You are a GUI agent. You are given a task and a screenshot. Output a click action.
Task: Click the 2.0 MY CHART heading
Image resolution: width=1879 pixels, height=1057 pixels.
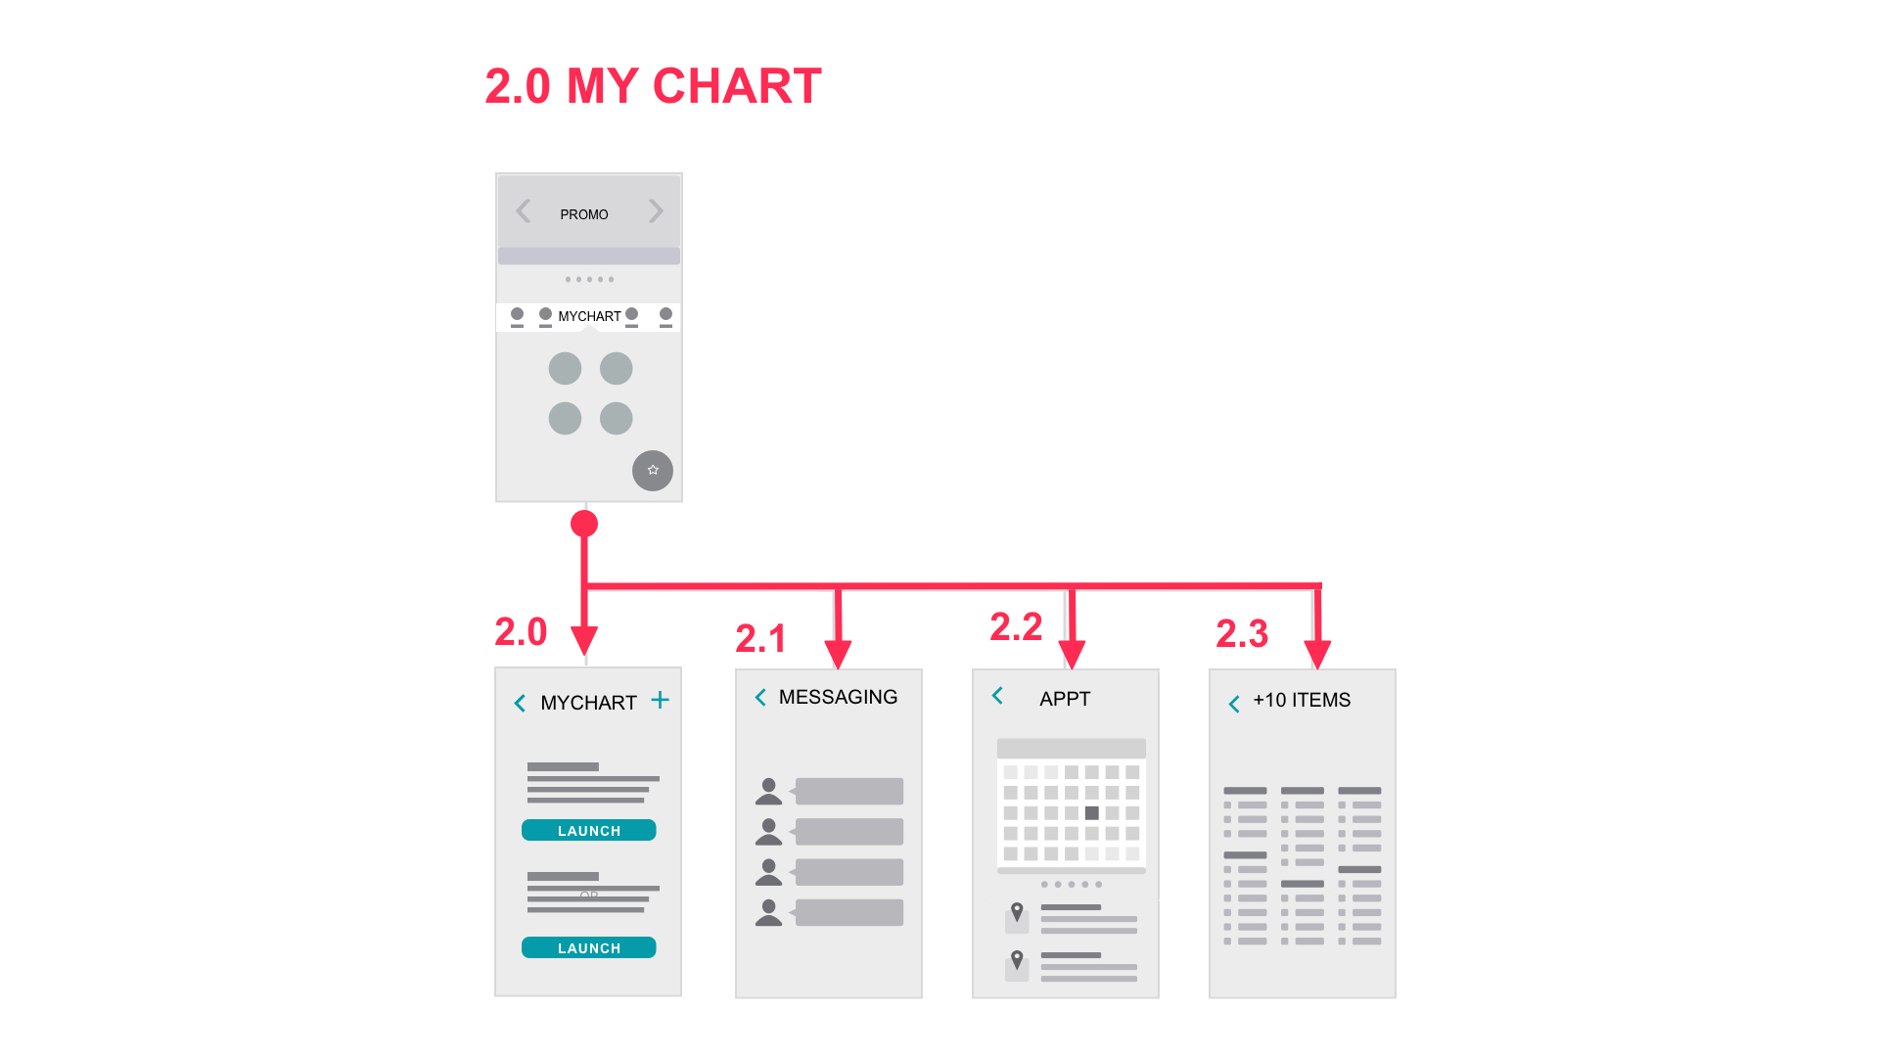point(653,86)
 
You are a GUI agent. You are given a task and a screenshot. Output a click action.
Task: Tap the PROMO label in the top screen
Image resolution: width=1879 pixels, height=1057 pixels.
point(584,214)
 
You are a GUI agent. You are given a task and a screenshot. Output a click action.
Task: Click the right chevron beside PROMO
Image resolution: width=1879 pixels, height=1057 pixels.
point(656,210)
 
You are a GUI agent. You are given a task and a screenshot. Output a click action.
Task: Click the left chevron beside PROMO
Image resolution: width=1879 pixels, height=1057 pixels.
point(524,210)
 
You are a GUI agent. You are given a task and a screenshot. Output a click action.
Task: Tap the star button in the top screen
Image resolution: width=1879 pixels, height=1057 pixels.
point(653,471)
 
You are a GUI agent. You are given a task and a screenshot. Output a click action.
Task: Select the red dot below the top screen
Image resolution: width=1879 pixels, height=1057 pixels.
point(584,524)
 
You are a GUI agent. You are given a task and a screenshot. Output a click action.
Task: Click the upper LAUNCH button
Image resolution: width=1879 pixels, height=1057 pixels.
point(589,830)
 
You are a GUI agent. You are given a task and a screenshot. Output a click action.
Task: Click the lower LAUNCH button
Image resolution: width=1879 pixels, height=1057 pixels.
point(589,947)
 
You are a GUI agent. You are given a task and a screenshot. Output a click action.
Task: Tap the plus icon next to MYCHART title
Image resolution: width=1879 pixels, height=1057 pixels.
point(661,700)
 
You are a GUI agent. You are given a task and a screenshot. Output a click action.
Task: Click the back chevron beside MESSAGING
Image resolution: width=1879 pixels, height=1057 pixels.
point(760,697)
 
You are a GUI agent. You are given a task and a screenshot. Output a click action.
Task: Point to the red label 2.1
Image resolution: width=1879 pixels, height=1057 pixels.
point(760,638)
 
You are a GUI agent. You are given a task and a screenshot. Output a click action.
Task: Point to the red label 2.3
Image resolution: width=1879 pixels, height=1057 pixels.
point(1242,633)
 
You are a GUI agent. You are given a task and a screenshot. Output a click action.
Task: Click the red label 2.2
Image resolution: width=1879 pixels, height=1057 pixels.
point(1016,626)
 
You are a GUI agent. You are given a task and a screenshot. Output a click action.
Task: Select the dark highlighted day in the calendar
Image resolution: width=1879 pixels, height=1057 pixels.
point(1092,813)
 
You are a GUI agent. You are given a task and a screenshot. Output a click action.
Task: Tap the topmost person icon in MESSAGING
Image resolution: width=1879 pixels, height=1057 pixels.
point(769,792)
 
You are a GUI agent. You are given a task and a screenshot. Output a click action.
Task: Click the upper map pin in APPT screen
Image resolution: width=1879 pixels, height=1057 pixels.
point(1018,912)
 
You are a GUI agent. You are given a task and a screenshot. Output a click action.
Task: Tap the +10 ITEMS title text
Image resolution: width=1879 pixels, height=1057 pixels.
point(1302,700)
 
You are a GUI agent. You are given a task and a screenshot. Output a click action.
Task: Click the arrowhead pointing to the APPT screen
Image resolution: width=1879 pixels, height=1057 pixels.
point(1073,655)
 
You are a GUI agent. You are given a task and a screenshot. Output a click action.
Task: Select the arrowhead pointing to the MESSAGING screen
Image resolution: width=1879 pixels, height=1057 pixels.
point(839,655)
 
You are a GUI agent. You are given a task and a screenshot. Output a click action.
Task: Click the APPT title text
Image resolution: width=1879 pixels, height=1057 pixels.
point(1065,699)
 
